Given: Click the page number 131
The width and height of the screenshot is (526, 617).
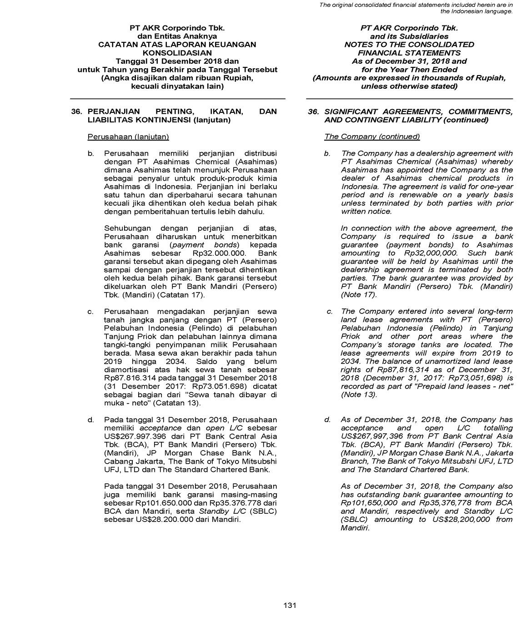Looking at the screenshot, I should coord(290,605).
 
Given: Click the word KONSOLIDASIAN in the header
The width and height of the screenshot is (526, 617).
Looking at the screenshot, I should coord(177,53).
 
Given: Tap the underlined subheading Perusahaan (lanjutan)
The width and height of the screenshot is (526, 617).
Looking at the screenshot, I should coord(128,137).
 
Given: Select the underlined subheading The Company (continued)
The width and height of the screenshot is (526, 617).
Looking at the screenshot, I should coord(372,137).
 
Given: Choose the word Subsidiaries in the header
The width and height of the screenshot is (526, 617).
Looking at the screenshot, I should coord(425,36).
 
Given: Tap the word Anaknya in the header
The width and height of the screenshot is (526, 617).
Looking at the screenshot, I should coord(200,36).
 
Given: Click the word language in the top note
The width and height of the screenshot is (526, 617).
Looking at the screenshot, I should coord(498,11).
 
